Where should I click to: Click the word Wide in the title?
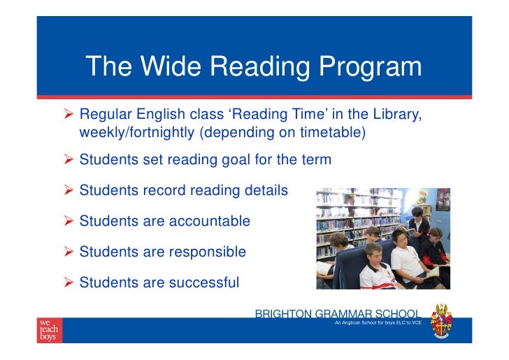click(166, 67)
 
